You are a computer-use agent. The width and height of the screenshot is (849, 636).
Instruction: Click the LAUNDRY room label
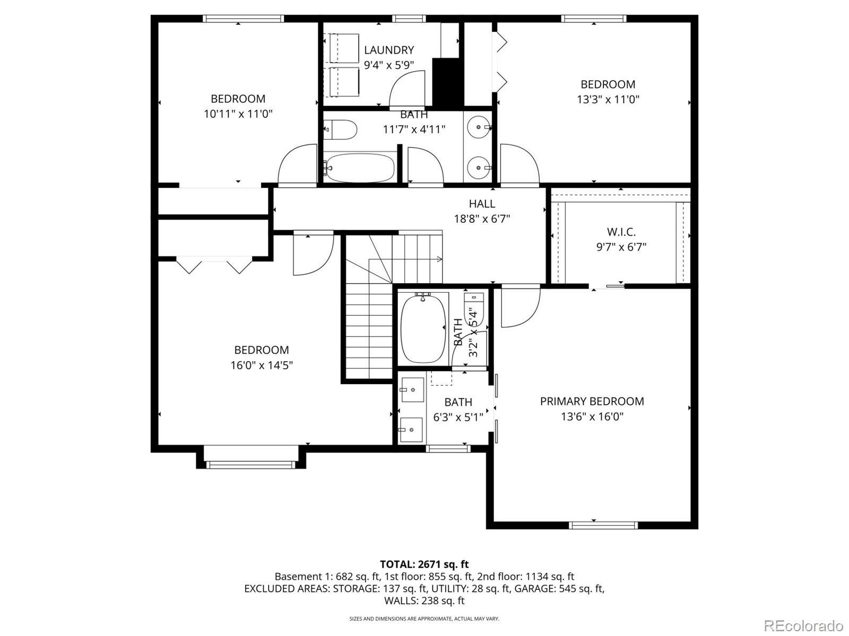point(389,50)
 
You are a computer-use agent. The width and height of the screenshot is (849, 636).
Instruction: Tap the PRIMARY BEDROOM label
point(592,402)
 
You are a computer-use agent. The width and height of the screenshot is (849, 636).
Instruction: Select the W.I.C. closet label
point(621,232)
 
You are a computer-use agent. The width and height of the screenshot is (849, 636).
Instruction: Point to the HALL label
point(482,204)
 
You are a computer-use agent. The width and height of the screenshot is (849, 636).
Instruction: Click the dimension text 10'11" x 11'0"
point(238,114)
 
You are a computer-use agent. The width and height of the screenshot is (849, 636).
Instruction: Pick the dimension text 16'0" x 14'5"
point(262,365)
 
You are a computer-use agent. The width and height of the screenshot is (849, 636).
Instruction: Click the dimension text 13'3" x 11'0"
point(608,99)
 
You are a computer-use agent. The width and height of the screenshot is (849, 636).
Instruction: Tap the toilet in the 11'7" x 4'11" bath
point(340,129)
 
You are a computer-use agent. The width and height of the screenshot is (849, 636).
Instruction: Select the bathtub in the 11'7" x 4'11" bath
point(359,168)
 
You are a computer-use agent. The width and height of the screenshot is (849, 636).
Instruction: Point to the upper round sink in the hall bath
point(480,127)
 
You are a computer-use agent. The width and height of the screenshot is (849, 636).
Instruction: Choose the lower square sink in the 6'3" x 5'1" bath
point(411,430)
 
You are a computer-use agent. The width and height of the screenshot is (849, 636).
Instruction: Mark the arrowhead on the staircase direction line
point(440,259)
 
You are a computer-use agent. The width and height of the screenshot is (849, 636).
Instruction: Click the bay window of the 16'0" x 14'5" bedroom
point(250,464)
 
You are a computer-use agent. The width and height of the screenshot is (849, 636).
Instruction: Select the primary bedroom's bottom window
point(603,525)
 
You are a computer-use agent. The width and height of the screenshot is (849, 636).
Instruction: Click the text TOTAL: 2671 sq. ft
point(424,564)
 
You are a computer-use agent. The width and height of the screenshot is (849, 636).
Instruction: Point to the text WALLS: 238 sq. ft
point(424,601)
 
